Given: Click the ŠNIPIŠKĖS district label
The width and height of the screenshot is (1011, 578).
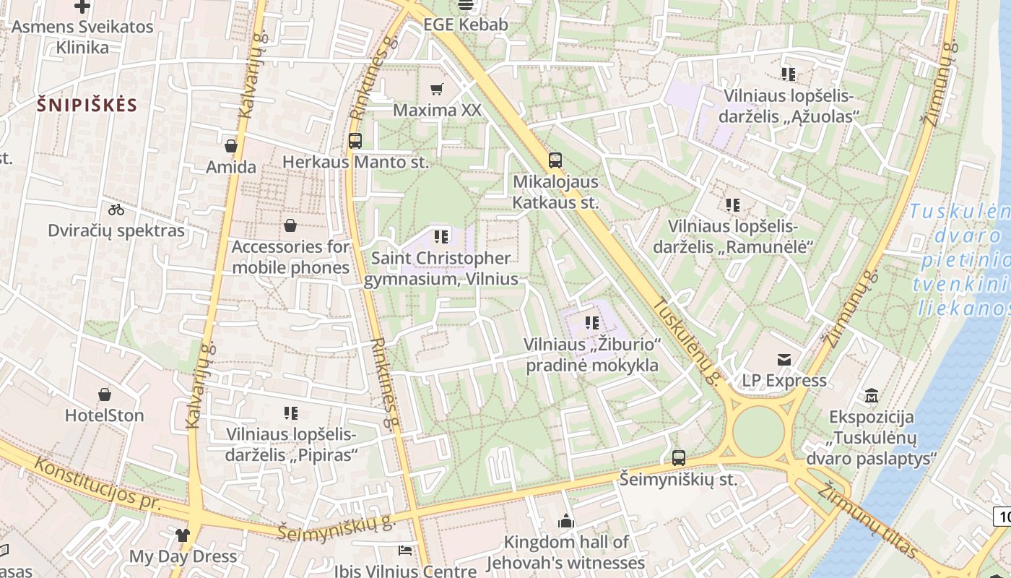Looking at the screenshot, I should coord(87,105).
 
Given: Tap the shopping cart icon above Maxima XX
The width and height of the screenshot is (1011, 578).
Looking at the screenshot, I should coord(436,89).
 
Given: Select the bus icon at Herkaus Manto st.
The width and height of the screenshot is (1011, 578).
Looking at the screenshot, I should coord(355,141).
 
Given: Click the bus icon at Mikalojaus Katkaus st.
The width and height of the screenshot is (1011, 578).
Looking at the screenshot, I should coord(555,160).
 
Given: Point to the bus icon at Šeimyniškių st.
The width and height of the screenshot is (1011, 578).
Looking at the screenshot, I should coord(678,457).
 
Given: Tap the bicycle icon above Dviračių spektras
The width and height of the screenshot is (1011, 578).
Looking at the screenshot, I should coord(116,210).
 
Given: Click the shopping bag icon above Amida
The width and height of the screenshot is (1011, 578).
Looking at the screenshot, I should coord(231,146).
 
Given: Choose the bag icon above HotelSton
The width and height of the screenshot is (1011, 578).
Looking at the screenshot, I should coord(105,394).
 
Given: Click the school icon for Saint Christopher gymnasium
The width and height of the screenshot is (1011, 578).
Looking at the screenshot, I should coord(441,236).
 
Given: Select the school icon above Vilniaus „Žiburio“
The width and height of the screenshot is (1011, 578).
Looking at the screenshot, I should coord(592,323).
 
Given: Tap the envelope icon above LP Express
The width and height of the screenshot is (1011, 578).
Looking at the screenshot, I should coord(784,359).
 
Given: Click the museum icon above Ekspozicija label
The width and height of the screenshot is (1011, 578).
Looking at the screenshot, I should coord(871,396).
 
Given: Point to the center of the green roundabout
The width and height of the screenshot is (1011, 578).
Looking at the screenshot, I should coord(758,432).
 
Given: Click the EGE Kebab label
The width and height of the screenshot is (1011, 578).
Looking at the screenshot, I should coord(466,25).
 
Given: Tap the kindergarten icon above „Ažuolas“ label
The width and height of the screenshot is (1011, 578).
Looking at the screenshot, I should coord(789,74).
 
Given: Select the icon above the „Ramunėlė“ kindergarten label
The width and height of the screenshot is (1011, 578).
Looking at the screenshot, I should coord(733,205).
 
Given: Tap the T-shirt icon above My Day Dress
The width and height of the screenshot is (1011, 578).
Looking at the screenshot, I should coord(182,535).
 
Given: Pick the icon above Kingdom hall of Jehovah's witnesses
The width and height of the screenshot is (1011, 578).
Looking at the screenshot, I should coord(566,521).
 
